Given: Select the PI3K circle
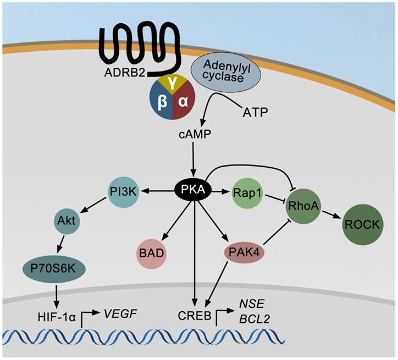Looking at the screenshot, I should coord(123,190).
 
